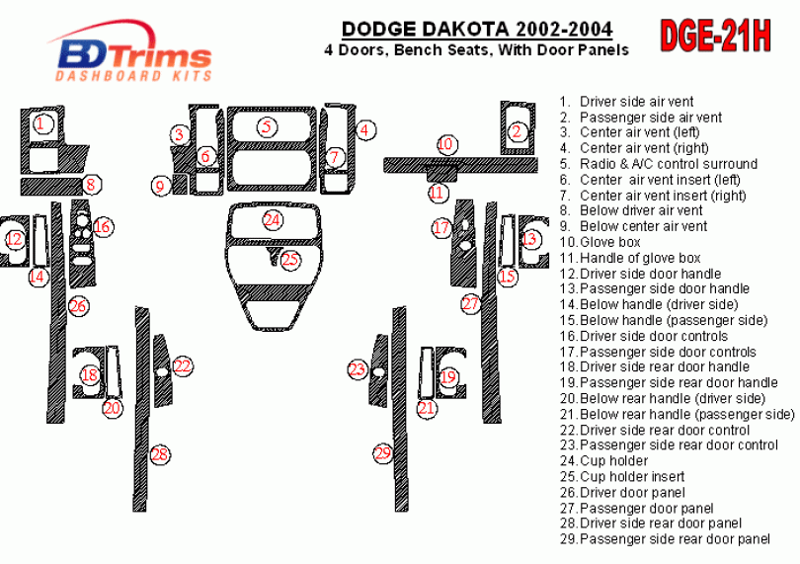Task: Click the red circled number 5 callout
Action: point(267,126)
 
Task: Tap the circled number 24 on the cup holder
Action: point(272,219)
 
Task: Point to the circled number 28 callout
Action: point(159,453)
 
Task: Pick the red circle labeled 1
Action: point(41,124)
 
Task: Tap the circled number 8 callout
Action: point(91,183)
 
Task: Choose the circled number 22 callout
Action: point(182,366)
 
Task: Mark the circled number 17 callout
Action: point(441,228)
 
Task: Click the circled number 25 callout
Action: point(289,260)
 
